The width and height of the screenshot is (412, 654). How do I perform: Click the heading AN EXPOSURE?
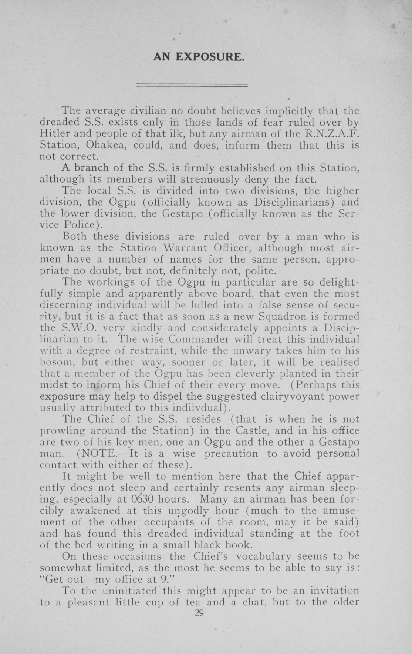point(199,57)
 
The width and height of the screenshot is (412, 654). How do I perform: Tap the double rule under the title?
point(192,86)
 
